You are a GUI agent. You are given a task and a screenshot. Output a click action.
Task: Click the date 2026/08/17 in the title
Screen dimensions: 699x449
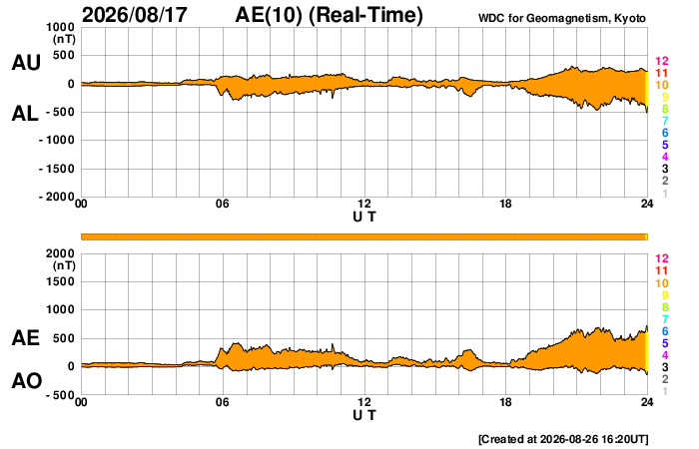point(135,15)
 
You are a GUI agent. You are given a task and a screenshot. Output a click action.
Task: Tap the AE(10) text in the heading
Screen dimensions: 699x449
point(269,15)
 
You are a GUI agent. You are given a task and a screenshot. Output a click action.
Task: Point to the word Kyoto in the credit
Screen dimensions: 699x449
point(629,18)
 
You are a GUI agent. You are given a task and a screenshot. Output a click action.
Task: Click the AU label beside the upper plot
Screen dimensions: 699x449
point(26,62)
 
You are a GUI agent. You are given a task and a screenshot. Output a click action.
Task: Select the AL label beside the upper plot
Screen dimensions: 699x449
point(25,114)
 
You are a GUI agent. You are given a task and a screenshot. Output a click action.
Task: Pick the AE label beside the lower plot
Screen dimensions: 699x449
point(26,338)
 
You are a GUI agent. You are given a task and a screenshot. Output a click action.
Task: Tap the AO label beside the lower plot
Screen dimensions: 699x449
point(27,381)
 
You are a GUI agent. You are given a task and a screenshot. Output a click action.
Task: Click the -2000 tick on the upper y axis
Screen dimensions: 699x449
point(58,197)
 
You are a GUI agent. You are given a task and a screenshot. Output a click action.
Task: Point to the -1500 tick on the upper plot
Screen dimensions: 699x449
point(58,169)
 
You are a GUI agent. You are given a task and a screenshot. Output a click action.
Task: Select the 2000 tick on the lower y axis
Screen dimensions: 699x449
point(61,253)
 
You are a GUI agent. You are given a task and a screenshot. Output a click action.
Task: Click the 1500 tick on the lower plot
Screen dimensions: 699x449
point(61,281)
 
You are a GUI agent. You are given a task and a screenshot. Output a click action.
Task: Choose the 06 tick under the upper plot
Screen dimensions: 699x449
point(223,204)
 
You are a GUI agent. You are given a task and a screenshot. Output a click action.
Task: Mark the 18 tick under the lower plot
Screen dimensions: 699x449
point(505,402)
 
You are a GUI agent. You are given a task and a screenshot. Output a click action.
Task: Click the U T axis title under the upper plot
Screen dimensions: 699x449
point(364,217)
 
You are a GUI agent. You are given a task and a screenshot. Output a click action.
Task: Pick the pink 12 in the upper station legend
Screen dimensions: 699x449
point(661,61)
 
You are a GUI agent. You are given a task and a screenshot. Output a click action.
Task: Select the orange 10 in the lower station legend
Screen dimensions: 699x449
point(661,283)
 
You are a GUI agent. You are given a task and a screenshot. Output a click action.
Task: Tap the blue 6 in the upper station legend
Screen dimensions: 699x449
point(665,133)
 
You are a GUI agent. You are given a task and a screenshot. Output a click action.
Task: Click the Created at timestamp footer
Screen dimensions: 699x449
point(563,439)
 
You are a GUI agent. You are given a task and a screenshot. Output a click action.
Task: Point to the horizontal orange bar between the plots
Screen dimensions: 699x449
point(363,236)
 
